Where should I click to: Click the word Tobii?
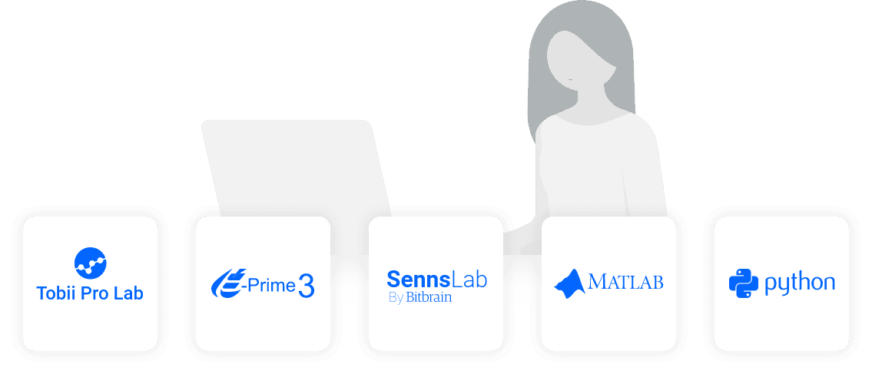click(x=56, y=293)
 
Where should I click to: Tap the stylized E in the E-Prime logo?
click(x=228, y=283)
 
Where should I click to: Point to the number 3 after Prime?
click(x=307, y=286)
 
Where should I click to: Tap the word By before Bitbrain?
click(x=396, y=298)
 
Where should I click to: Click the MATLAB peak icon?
click(x=569, y=282)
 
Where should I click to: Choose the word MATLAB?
click(x=625, y=282)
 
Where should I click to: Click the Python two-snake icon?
click(x=743, y=283)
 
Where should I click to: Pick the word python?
click(x=799, y=283)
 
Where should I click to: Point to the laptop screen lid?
click(x=296, y=165)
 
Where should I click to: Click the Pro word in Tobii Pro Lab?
click(x=95, y=293)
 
